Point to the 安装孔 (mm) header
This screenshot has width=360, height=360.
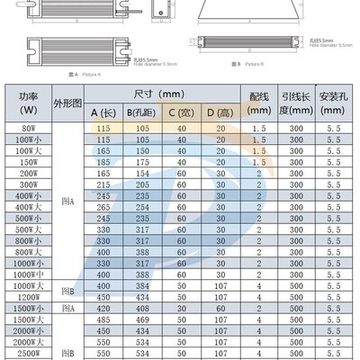tap(331, 103)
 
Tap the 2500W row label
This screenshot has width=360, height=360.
tap(28, 355)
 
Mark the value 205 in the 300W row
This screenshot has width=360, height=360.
tap(104, 183)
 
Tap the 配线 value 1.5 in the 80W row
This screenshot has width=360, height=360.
tap(258, 129)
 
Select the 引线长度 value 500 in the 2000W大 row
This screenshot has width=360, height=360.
tap(293, 343)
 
